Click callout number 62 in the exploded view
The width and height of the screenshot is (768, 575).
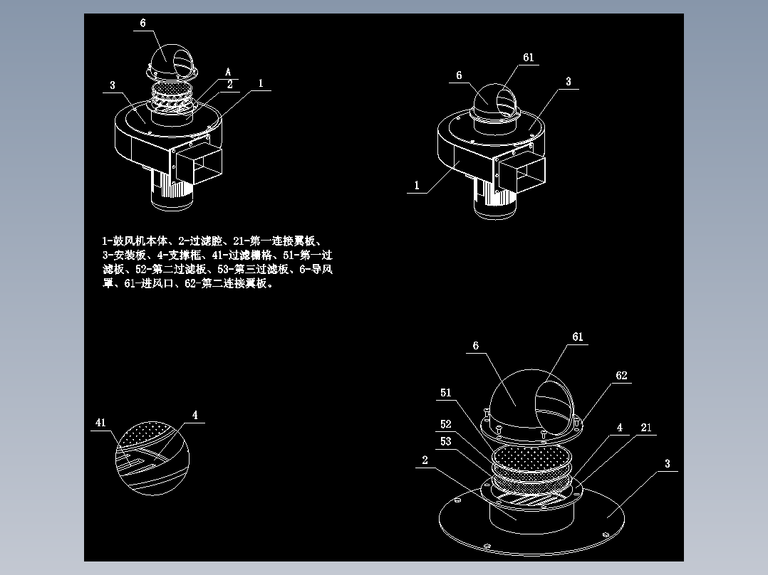pyautogui.click(x=621, y=376)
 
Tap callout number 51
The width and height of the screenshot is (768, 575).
pyautogui.click(x=446, y=393)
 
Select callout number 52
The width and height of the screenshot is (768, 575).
pyautogui.click(x=446, y=424)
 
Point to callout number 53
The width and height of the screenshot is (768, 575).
pyautogui.click(x=446, y=441)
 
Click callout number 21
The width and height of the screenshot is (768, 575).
pyautogui.click(x=646, y=428)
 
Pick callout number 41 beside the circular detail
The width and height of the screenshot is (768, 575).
pyautogui.click(x=100, y=423)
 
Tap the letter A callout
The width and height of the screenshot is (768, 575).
pyautogui.click(x=228, y=72)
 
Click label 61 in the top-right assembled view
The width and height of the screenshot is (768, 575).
pyautogui.click(x=528, y=58)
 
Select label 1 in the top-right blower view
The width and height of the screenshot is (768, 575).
pyautogui.click(x=417, y=186)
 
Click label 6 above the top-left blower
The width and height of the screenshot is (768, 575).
pyautogui.click(x=142, y=23)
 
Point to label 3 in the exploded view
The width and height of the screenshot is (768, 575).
pyautogui.click(x=667, y=464)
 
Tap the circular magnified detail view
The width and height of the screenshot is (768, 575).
pyautogui.click(x=151, y=455)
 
